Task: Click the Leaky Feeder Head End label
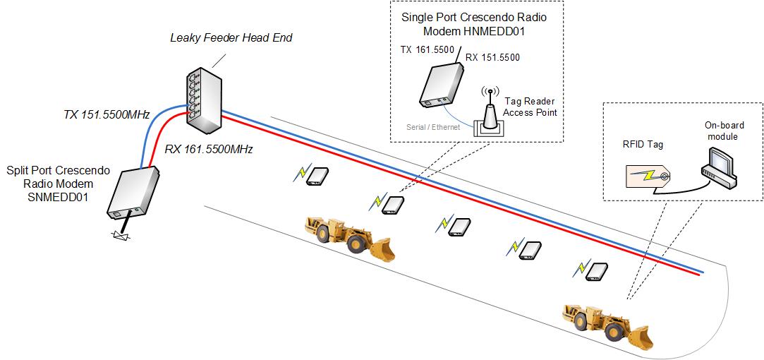231,37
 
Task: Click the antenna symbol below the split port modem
118,235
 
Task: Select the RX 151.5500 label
492,58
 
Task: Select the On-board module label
723,131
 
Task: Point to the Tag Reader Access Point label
529,107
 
